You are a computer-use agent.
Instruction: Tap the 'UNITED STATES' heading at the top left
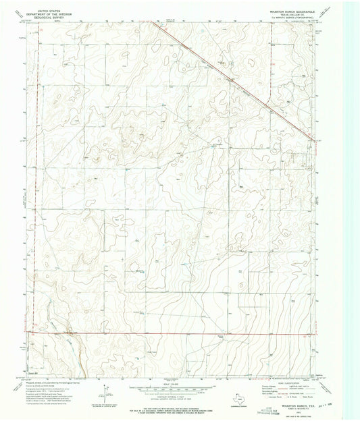pos(49,10)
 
